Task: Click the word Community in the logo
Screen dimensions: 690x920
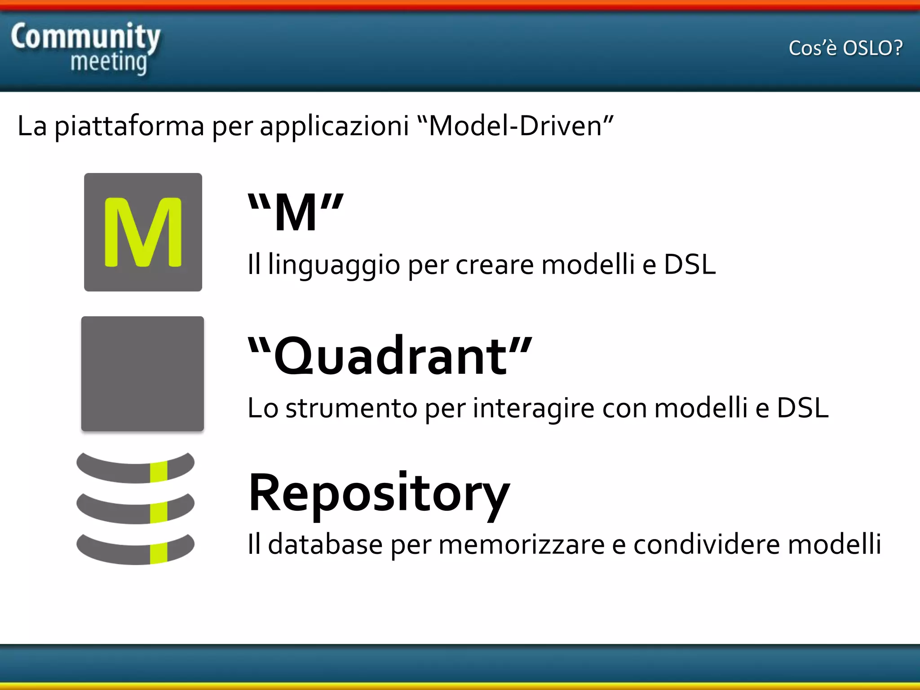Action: click(85, 37)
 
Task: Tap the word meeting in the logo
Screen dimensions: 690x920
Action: click(109, 62)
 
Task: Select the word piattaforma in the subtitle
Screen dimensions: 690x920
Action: click(129, 126)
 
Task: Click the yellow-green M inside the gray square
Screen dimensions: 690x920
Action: click(143, 232)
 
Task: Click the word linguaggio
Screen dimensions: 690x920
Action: click(334, 265)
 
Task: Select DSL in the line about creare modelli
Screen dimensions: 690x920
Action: click(690, 264)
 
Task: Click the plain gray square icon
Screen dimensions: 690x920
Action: click(142, 374)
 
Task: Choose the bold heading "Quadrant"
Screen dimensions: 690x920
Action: click(390, 356)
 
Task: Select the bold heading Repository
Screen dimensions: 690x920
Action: click(379, 493)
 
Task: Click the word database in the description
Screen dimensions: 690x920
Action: click(325, 544)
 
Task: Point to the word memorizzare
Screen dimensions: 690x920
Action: click(521, 544)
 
